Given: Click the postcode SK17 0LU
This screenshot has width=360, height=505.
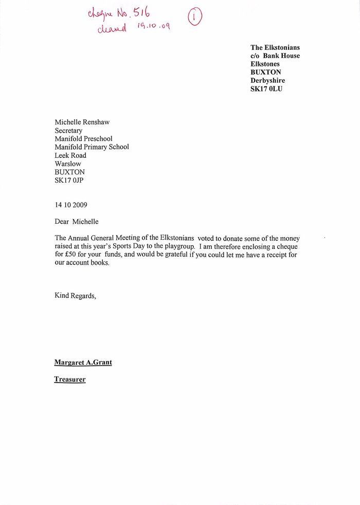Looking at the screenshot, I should (266, 89).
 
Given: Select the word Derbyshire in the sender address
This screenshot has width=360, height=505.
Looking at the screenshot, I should (267, 81).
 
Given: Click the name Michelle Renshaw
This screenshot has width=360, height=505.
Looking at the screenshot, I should (82, 122).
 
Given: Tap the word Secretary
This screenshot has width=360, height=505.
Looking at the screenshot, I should (68, 131).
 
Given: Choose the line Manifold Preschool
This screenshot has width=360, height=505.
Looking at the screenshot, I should (83, 139).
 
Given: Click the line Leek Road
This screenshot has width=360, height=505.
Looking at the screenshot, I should (70, 155).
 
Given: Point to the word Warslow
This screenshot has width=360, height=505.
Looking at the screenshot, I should (68, 164).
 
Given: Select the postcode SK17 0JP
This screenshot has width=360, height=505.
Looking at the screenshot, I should (69, 180).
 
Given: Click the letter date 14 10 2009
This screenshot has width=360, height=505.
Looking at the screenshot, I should (71, 205).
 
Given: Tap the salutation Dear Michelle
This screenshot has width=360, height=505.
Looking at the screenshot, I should (77, 222).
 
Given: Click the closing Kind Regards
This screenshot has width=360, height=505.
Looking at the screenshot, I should (75, 296).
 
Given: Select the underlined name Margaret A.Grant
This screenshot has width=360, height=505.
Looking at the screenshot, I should (83, 363).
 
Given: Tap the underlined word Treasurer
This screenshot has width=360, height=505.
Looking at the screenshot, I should (70, 380).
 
